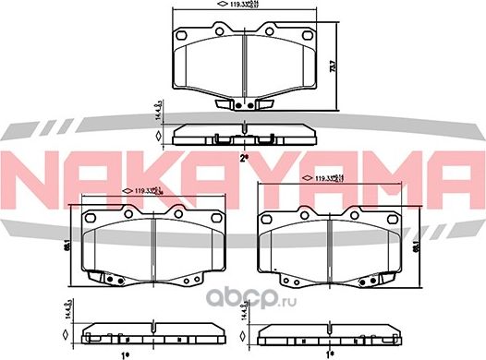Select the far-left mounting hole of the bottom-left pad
tap(92, 218)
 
